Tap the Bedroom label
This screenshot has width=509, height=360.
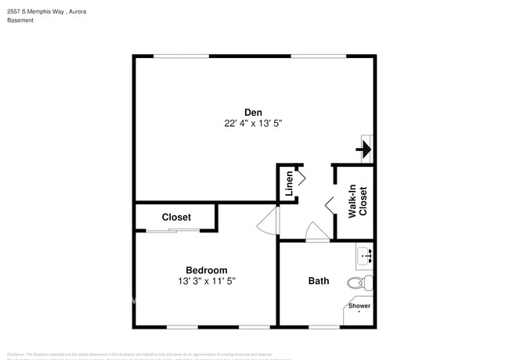coord(207,270)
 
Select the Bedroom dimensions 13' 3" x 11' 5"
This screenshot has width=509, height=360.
coord(207,281)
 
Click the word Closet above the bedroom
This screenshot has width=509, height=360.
coord(176,217)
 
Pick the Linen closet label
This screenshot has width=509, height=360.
coord(289,183)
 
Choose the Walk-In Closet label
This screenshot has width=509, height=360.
coord(357,201)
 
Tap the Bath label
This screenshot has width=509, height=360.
coord(319,281)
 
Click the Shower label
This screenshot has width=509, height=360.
coord(359,306)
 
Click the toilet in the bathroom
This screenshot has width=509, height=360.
coord(359,283)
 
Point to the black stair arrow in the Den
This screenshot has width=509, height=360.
coord(364,148)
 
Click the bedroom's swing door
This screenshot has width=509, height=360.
coord(267,221)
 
